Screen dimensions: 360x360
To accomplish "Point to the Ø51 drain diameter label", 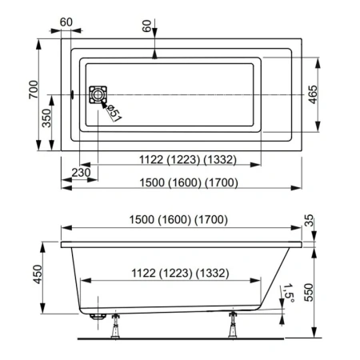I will point(114,113).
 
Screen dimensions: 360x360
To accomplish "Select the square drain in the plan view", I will point(98,94).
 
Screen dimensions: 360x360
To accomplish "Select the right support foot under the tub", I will point(234,326).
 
